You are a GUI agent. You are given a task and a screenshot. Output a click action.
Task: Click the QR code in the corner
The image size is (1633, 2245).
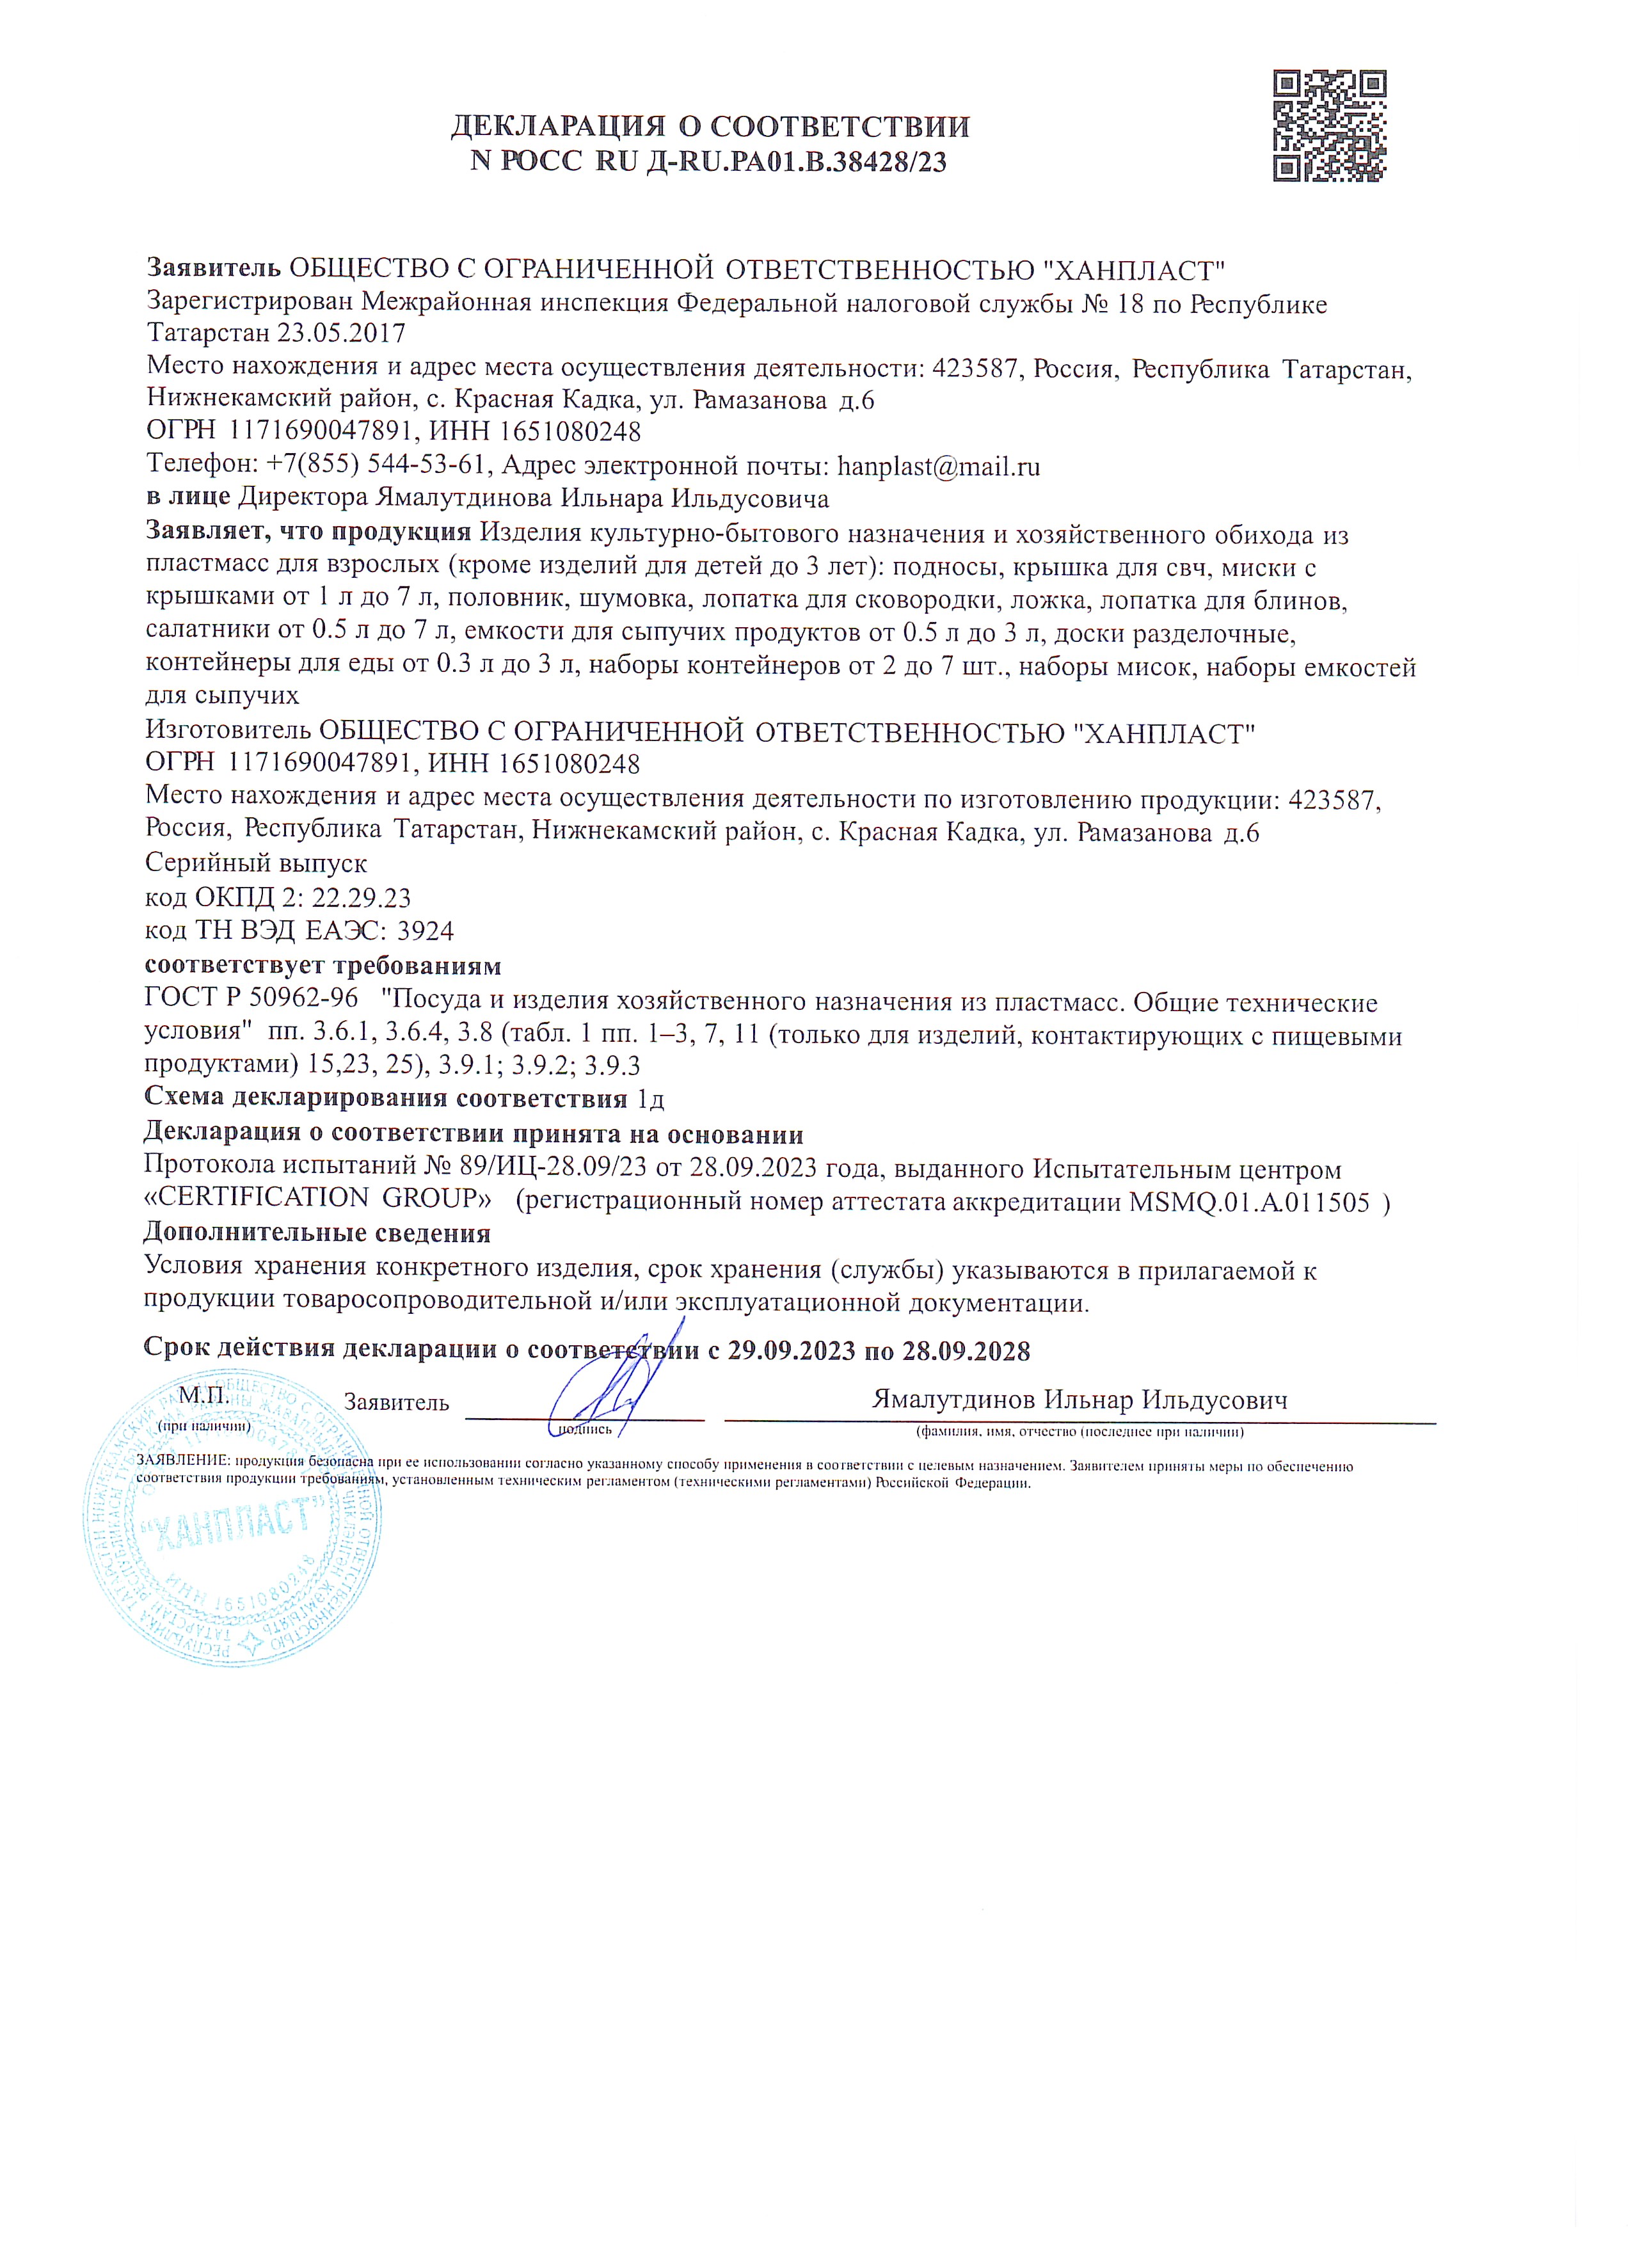tap(1328, 125)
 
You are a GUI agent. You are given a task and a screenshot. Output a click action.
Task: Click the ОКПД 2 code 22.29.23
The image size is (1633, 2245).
tap(360, 898)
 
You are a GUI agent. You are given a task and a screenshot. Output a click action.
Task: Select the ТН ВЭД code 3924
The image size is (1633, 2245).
tap(425, 931)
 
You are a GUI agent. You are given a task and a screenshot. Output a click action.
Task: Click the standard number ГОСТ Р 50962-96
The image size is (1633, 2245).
tap(251, 1002)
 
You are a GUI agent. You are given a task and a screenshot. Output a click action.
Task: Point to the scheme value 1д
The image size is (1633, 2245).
tap(650, 1099)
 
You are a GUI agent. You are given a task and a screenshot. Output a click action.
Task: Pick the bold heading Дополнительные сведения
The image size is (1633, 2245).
tap(317, 1233)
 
